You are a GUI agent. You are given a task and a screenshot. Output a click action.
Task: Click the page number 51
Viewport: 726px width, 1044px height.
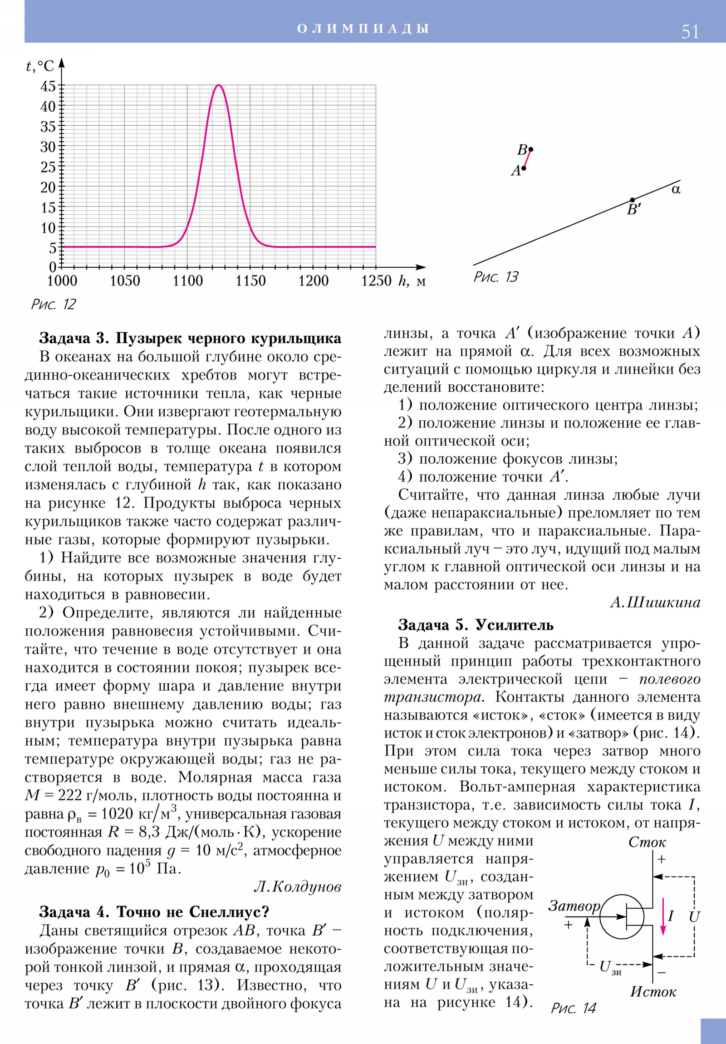click(x=690, y=32)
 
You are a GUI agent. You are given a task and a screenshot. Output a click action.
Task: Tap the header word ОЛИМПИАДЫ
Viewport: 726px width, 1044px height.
click(x=363, y=29)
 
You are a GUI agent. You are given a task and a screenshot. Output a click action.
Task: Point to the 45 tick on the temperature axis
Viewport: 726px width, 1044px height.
click(x=48, y=86)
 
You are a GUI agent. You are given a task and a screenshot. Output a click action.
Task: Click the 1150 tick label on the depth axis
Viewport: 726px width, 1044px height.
click(x=250, y=281)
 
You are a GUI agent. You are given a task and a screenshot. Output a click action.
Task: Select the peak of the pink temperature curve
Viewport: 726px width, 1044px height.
click(x=219, y=85)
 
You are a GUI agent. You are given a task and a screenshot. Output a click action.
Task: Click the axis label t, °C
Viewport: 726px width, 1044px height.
click(x=39, y=66)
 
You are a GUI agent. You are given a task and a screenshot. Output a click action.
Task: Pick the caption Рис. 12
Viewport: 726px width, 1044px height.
click(x=53, y=304)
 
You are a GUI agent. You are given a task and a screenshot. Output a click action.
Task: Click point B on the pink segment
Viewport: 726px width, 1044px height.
click(x=530, y=149)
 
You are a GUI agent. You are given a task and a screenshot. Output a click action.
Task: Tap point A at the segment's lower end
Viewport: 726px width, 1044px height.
click(x=524, y=168)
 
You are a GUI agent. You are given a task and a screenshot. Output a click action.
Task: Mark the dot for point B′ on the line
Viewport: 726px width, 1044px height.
click(x=633, y=200)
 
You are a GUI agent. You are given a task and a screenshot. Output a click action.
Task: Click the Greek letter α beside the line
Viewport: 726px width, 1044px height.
click(x=676, y=189)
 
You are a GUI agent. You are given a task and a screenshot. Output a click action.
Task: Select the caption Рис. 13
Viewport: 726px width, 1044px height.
click(x=495, y=277)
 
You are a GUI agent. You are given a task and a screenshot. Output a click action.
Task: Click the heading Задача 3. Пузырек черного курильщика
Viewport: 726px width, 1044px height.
click(x=190, y=338)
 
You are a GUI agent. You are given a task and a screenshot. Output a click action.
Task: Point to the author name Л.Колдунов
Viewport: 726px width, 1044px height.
click(x=297, y=886)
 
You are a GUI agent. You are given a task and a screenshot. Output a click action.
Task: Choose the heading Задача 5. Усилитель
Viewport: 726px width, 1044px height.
click(x=476, y=625)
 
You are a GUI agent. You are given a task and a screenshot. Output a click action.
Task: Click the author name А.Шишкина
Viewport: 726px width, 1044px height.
click(x=655, y=602)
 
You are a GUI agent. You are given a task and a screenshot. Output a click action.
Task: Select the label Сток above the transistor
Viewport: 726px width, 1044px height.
click(x=647, y=842)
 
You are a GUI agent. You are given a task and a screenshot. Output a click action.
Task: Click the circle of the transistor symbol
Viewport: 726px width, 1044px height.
click(x=622, y=917)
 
